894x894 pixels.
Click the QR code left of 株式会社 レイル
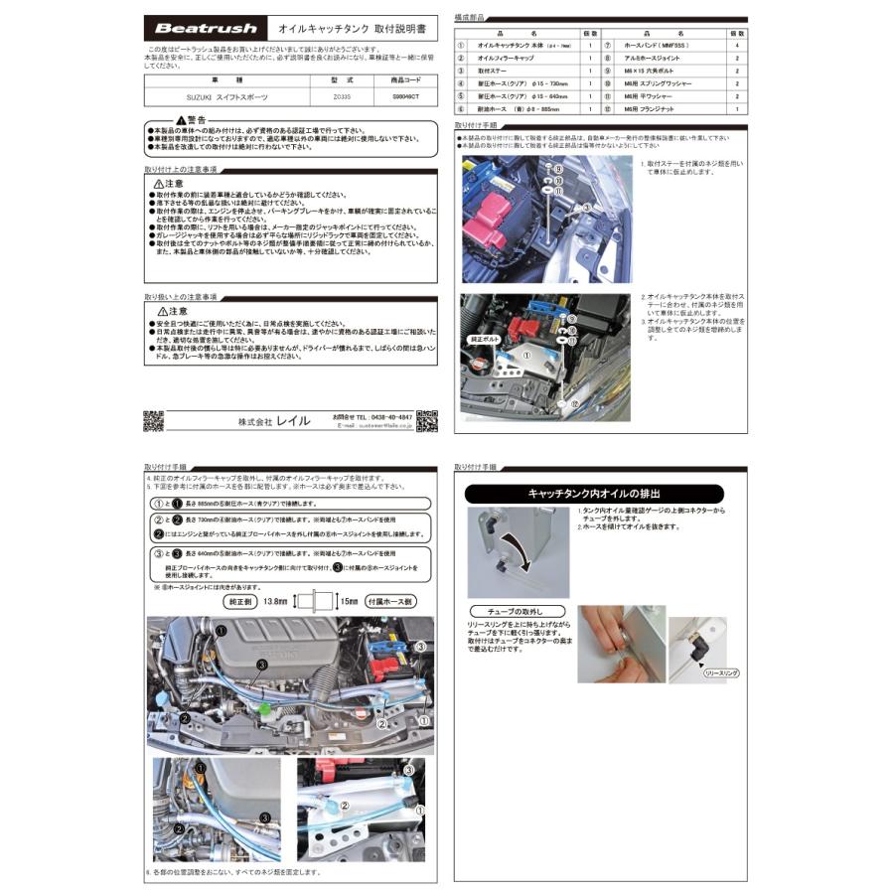154,420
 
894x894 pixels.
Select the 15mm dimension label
349,601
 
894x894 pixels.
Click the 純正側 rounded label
244,601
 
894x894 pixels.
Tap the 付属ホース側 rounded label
391,601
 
